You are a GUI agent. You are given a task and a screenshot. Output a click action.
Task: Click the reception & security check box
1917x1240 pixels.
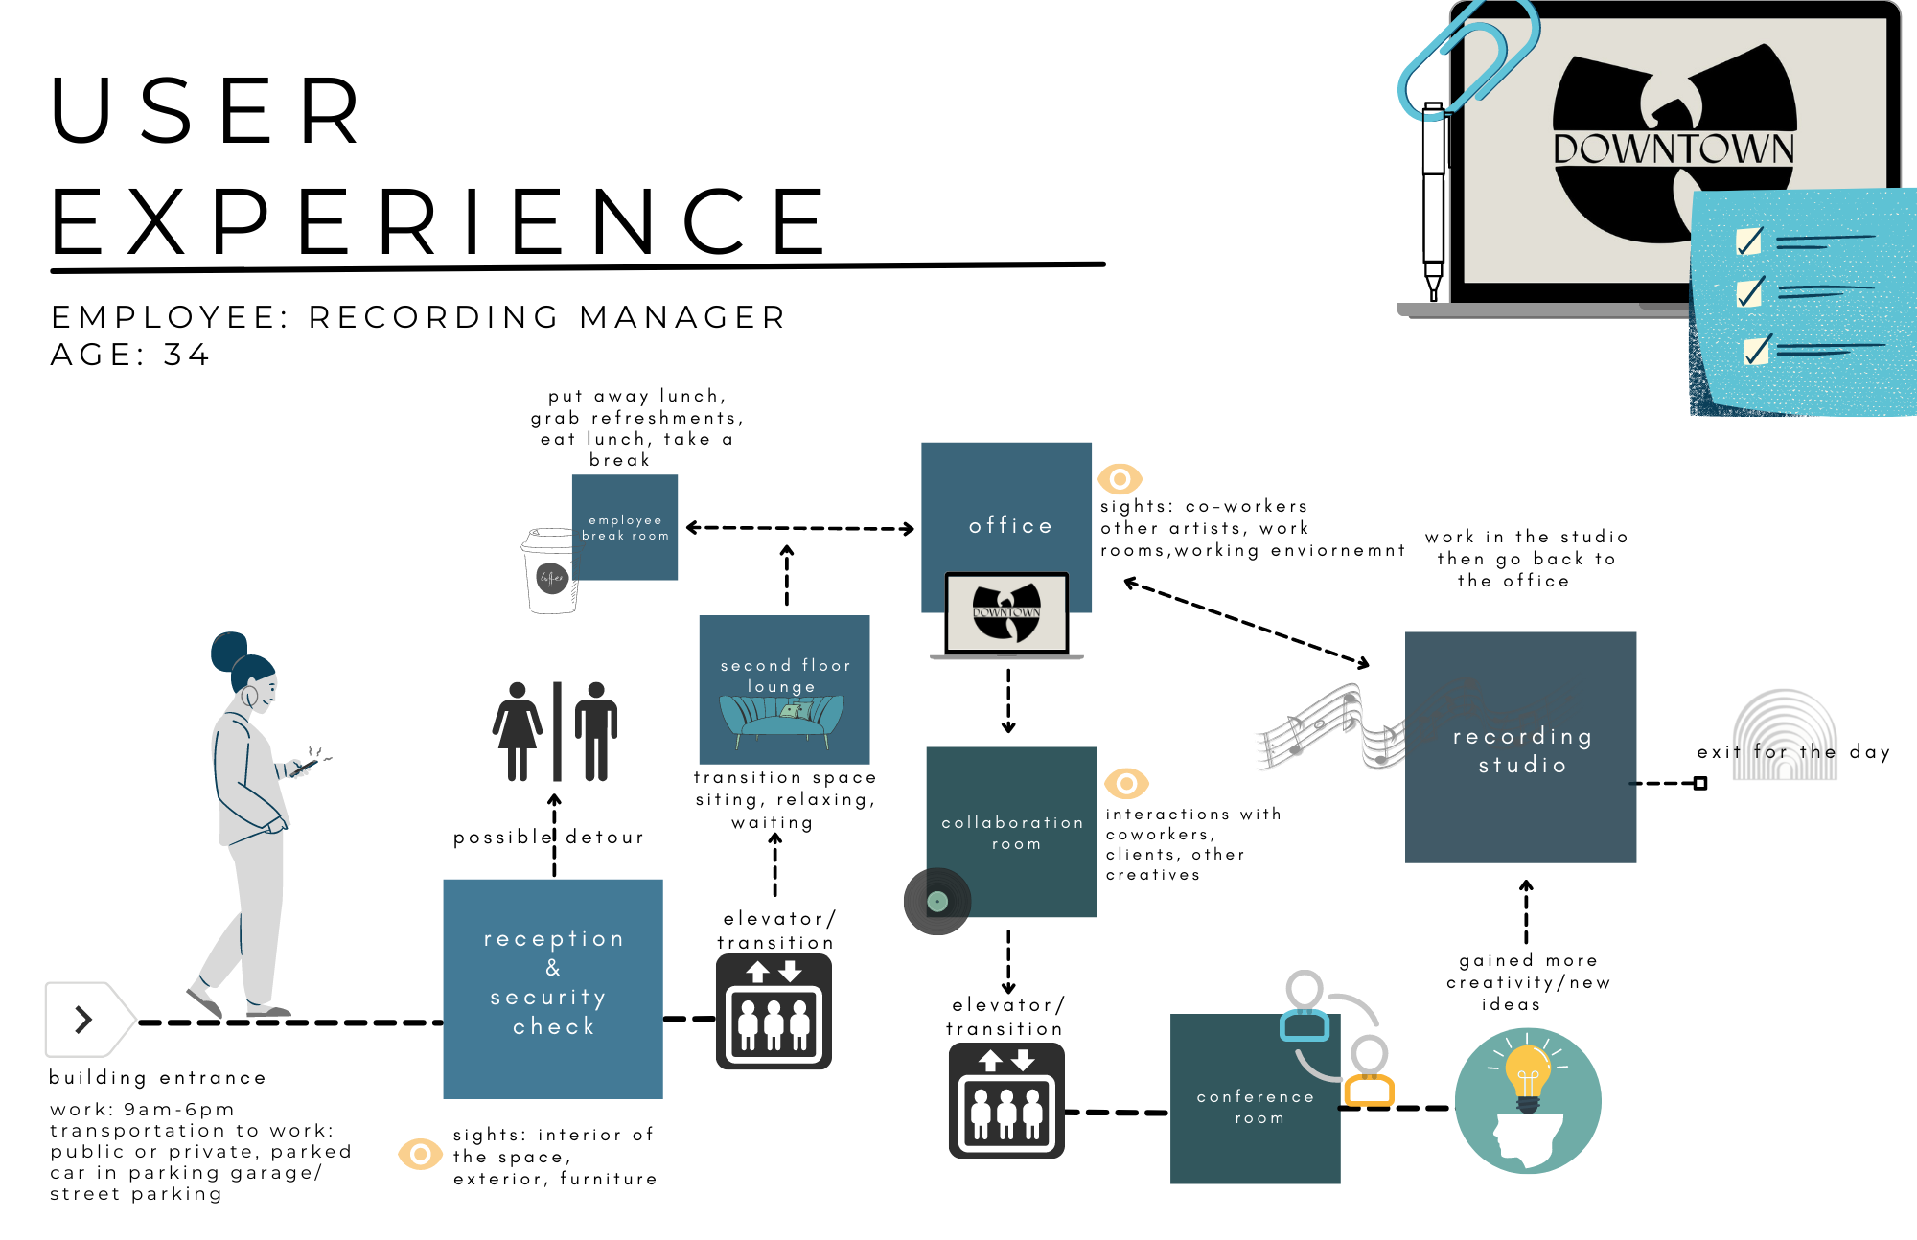553,988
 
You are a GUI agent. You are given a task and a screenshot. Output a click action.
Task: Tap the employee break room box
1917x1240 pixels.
625,527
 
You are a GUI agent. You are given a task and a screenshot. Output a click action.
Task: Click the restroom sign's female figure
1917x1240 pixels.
518,730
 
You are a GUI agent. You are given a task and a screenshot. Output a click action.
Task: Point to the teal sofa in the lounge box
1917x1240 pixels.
782,719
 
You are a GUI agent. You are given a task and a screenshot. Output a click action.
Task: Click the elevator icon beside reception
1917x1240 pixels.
774,1011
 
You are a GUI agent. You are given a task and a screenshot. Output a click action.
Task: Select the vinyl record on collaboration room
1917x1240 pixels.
937,901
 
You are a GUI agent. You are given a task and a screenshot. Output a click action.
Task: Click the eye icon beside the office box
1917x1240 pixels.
1120,478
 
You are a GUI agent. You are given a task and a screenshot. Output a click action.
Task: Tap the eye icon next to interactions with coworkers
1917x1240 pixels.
1126,783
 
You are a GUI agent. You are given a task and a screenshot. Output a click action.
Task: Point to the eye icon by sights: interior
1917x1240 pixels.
420,1154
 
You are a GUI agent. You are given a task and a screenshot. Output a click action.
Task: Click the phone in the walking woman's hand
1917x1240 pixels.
305,766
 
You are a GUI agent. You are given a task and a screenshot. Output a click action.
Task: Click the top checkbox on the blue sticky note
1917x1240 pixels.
1749,241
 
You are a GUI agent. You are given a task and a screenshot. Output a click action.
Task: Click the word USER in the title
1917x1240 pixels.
206,111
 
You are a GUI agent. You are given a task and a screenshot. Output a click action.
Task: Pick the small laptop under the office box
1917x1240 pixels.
1006,615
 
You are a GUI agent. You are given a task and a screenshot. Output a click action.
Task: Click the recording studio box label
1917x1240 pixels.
1521,749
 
